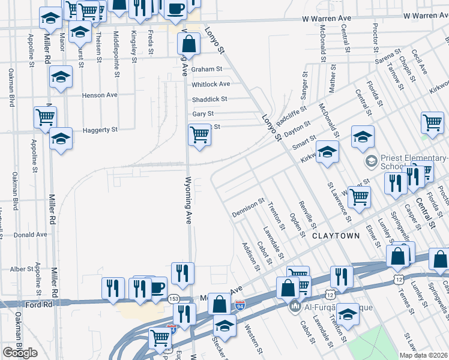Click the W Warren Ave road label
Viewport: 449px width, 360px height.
coord(326,19)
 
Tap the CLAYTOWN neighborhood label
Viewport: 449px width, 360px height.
coord(336,236)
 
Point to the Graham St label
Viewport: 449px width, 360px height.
coord(207,69)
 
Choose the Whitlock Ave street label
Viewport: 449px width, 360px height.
coord(210,84)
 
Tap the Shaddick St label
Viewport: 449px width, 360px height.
coord(209,99)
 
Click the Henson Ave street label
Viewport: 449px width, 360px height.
coord(100,95)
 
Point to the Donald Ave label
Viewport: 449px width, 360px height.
coord(29,235)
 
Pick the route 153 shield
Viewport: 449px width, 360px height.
coord(173,299)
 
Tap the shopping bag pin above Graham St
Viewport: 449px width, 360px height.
coord(188,44)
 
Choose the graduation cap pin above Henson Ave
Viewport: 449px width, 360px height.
coord(61,77)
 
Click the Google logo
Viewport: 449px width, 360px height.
coord(20,353)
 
